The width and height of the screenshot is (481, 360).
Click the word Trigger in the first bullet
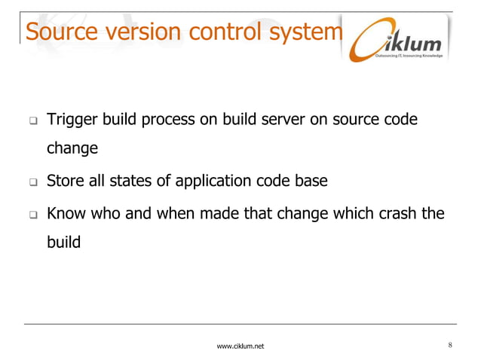coord(69,121)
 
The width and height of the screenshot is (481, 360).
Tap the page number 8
coord(450,345)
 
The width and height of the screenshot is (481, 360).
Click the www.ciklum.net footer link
coord(240,346)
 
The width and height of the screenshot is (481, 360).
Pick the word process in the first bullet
coord(167,121)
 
